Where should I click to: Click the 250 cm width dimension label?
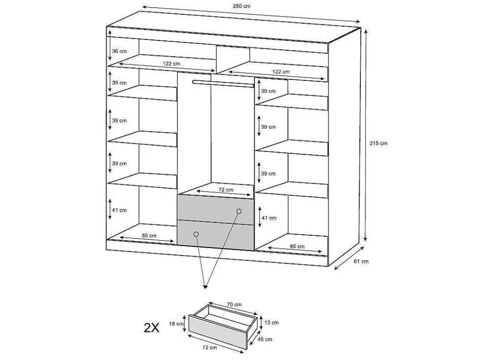[x=241, y=6]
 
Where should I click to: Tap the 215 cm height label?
[x=378, y=143]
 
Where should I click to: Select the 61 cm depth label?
[x=361, y=261]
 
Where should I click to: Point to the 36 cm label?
[x=119, y=51]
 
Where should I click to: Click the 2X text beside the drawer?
[x=151, y=328]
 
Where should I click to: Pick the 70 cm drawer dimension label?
[x=234, y=304]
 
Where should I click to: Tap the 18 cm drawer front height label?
[x=176, y=323]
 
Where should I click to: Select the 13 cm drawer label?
[x=271, y=322]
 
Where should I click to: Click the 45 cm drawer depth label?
[x=264, y=339]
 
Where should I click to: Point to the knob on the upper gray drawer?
[x=239, y=211]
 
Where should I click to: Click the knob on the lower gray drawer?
[x=196, y=234]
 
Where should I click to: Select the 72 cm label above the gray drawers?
[x=226, y=189]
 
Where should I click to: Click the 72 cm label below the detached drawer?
[x=209, y=347]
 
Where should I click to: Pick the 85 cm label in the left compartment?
[x=149, y=236]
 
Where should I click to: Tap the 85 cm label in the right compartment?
[x=297, y=246]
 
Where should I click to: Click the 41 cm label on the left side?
[x=119, y=210]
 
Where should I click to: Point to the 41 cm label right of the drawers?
[x=269, y=218]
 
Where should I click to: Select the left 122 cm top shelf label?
[x=171, y=63]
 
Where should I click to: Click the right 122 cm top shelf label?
[x=281, y=72]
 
